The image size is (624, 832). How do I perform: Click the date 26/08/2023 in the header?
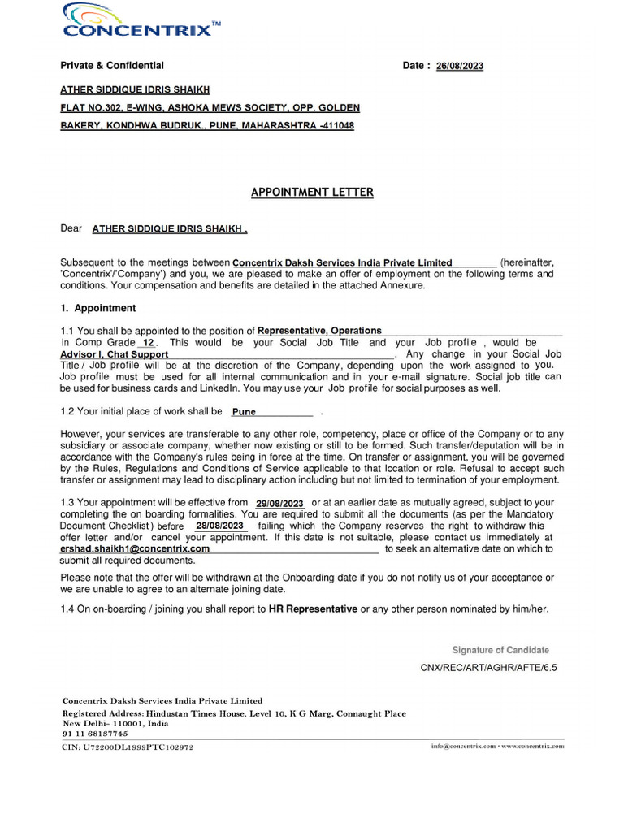pos(459,67)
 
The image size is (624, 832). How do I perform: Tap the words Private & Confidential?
pos(112,66)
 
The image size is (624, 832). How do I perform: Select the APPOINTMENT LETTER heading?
pos(312,193)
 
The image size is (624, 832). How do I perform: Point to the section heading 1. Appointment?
pos(98,309)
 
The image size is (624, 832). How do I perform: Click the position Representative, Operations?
pos(319,331)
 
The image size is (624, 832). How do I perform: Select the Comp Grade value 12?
pos(148,344)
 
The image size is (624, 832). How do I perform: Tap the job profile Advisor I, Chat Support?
pos(115,355)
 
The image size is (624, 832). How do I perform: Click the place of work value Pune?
pos(244,412)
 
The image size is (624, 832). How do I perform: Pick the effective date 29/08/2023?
pos(279,504)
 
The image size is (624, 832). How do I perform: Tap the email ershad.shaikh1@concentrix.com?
pos(135,549)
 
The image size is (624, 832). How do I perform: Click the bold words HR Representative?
pos(313,609)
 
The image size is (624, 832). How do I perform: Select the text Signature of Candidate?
pos(500,650)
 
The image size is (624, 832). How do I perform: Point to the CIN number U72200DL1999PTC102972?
pos(128,747)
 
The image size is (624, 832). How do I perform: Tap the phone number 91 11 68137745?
pos(95,734)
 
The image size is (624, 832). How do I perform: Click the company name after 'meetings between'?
pos(342,263)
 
